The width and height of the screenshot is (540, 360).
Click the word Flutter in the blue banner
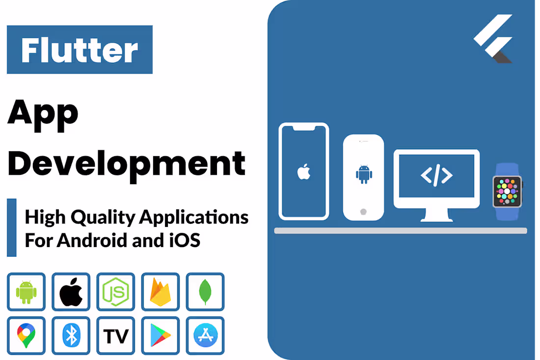point(80,50)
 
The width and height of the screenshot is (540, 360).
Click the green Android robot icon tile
point(26,292)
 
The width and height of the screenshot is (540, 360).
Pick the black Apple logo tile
point(71,292)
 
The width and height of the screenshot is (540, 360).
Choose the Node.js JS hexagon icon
point(116,292)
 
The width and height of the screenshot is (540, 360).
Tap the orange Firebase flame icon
point(161,292)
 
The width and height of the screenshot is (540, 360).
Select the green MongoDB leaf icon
point(205,292)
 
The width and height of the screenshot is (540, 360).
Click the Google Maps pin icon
point(26,336)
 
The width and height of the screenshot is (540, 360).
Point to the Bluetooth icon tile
point(71,336)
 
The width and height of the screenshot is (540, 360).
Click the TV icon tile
point(116,336)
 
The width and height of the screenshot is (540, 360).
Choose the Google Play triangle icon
point(161,336)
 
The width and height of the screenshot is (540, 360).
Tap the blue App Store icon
point(205,336)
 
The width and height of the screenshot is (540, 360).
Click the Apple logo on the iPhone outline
point(304,172)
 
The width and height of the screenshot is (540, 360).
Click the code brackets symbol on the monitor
point(436,175)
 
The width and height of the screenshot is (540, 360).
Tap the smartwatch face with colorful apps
point(507,192)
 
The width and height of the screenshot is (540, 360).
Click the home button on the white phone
point(363,212)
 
